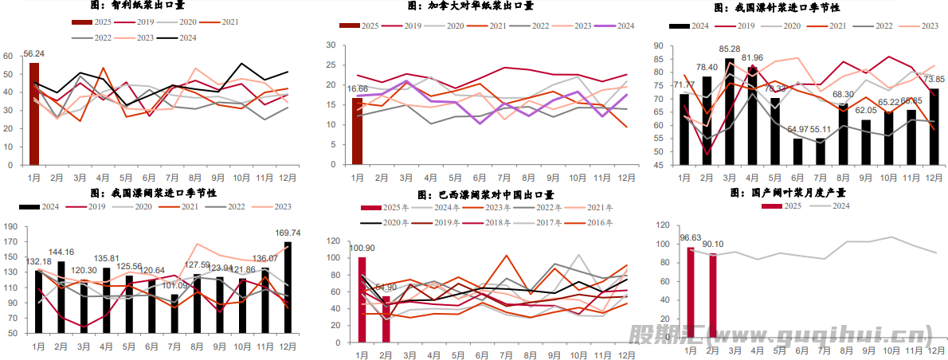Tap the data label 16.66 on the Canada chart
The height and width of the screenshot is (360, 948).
click(358, 89)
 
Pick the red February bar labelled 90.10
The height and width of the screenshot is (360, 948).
click(713, 298)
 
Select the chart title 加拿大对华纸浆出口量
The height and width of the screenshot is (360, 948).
click(470, 6)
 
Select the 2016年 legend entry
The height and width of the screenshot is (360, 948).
click(594, 223)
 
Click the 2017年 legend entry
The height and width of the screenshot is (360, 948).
click(539, 223)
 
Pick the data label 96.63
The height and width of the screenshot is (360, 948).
click(690, 238)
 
